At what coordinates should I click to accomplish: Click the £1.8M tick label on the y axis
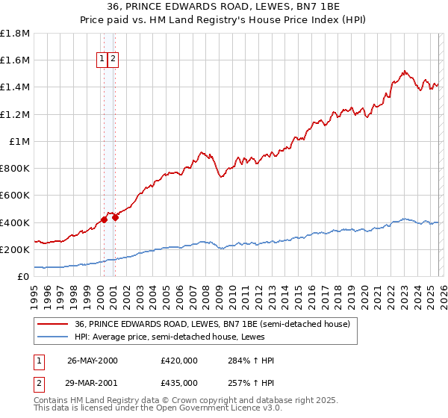16,34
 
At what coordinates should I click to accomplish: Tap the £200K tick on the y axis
16,249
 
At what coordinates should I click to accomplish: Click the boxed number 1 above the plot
102,59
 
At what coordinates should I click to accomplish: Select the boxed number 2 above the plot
113,59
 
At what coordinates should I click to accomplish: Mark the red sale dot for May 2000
105,219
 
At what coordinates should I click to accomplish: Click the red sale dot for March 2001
116,218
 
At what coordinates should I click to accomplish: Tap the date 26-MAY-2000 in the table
93,361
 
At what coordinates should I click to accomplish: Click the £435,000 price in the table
179,382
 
